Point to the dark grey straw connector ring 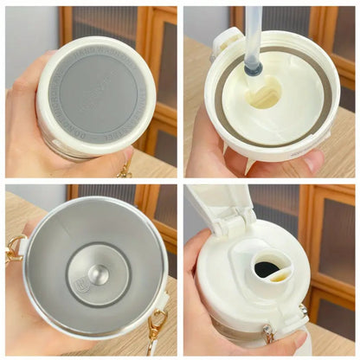pyautogui.click(x=253, y=68)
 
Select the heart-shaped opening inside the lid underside pyautogui.click(x=265, y=93)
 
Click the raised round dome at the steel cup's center pyautogui.click(x=99, y=274)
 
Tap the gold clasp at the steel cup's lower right pyautogui.click(x=156, y=327)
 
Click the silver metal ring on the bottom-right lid pyautogui.click(x=304, y=310)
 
